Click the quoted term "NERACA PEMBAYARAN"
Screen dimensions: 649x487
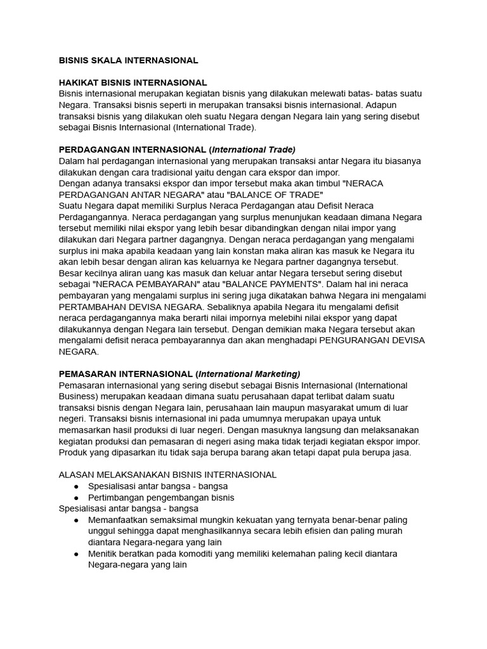click(149, 285)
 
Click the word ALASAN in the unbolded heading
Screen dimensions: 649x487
click(77, 474)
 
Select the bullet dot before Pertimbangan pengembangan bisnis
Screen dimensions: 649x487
click(76, 498)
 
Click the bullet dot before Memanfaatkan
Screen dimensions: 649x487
click(76, 520)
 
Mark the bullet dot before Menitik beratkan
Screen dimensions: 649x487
click(76, 554)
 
